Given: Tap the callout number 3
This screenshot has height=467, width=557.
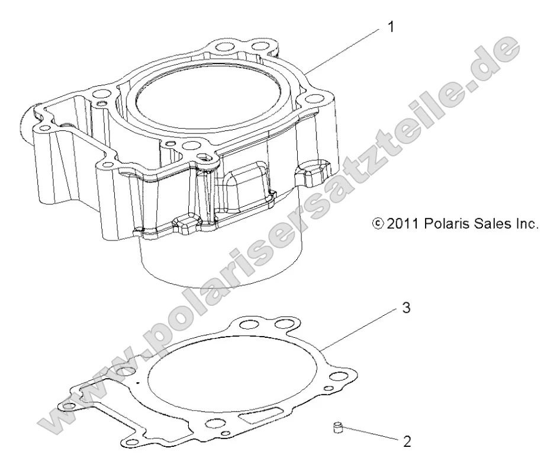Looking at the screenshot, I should [405, 309].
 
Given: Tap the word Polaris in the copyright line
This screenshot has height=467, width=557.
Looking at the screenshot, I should [443, 224].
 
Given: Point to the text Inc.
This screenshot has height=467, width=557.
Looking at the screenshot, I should [526, 224].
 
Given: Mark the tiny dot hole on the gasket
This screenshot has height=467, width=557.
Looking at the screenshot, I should [137, 384].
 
